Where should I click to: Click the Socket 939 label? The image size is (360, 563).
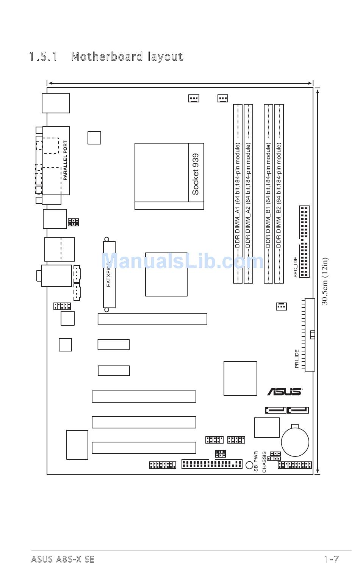coord(196,174)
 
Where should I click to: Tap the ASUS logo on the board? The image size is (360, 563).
coord(285,392)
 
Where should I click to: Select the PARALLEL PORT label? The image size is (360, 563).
coord(65,160)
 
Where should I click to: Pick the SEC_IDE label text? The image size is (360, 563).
coord(296,267)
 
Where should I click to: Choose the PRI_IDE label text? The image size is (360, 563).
coord(297,359)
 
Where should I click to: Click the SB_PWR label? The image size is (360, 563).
coord(256,461)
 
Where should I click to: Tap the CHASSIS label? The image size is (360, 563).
coord(264,462)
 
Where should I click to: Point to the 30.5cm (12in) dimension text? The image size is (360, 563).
coord(325,281)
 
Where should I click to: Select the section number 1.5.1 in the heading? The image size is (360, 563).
coord(43,57)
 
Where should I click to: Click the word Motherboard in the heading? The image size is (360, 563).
coord(106,57)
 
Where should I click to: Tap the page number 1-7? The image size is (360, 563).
coord(331,559)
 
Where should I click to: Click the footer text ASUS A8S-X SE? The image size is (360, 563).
coord(63,559)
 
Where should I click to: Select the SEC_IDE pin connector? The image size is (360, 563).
coord(304,242)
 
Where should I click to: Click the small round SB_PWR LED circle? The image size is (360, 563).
coord(249,465)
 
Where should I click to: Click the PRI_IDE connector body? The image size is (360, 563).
coord(310,335)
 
